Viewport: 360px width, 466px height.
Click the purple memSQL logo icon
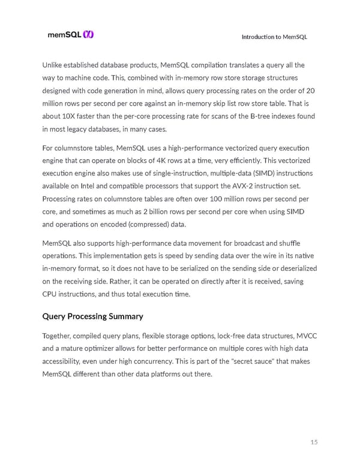click(x=89, y=35)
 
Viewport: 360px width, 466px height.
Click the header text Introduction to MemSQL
click(x=274, y=37)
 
